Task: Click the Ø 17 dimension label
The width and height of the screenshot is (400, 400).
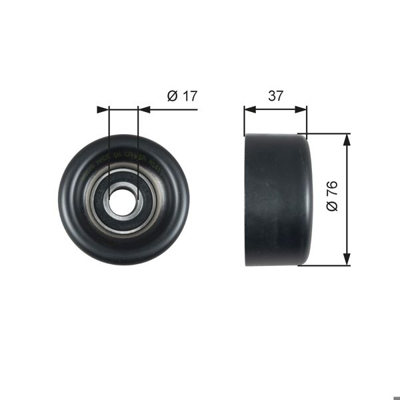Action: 183,96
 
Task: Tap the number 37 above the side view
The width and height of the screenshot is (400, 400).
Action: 275,96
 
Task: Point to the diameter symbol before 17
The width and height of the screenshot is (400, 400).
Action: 172,96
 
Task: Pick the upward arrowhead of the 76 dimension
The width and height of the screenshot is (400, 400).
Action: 346,139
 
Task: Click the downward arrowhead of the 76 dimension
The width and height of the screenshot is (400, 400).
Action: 346,259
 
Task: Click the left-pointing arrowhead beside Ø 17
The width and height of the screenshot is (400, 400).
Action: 143,109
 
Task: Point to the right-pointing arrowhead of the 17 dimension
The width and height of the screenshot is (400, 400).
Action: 103,109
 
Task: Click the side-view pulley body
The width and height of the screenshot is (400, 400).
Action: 277,199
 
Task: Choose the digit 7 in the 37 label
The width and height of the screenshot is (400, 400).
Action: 279,96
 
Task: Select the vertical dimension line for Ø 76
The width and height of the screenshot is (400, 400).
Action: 346,200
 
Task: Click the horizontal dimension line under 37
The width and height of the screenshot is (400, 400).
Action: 275,109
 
